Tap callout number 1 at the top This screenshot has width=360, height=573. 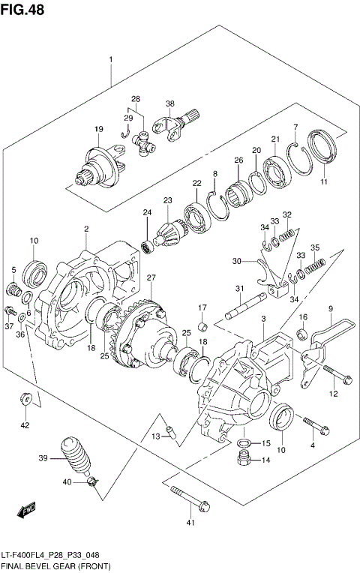(110, 59)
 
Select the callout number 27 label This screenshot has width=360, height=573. (151, 278)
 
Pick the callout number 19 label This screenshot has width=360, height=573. (98, 130)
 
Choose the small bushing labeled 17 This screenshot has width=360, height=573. (202, 326)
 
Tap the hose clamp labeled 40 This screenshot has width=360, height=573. (91, 480)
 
